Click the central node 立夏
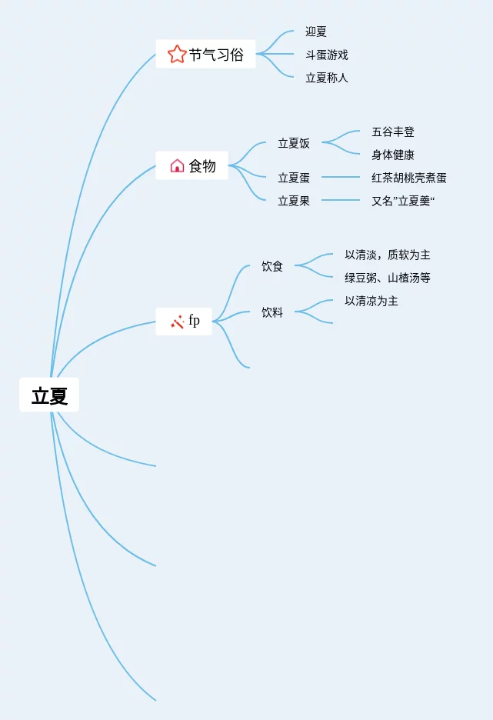49,395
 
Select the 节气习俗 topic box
205,54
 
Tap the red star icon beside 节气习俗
177,54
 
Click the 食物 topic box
192,165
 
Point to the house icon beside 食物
177,165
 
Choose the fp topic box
184,321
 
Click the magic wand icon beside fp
177,322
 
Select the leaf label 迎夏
316,32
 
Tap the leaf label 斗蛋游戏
327,55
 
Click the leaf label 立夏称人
327,78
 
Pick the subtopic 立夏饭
294,143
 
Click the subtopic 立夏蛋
294,178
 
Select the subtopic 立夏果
294,201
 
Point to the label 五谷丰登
393,132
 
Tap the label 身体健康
393,155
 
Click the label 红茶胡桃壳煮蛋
409,178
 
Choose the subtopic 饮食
272,266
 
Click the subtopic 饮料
272,312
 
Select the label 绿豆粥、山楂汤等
388,278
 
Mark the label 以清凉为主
371,301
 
